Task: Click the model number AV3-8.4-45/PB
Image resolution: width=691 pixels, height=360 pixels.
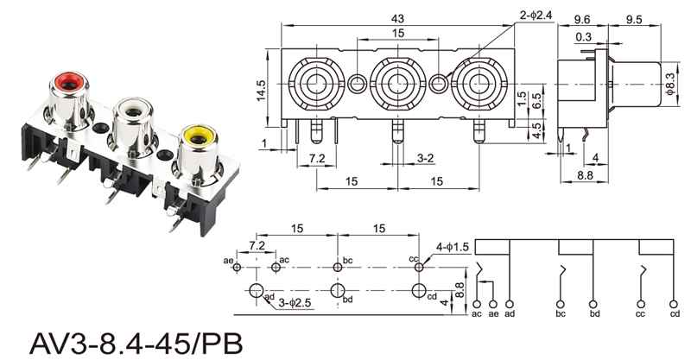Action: click(x=136, y=344)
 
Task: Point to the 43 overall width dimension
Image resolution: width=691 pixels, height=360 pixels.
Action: click(x=397, y=19)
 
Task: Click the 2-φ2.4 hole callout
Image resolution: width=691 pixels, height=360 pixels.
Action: click(x=536, y=15)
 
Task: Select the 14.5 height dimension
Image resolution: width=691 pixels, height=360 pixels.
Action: click(x=262, y=91)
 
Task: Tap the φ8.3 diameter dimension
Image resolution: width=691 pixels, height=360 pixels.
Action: click(x=670, y=83)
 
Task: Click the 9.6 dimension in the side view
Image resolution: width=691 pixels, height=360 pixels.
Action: click(x=581, y=19)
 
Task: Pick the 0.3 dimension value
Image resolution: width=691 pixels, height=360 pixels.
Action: click(x=583, y=37)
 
